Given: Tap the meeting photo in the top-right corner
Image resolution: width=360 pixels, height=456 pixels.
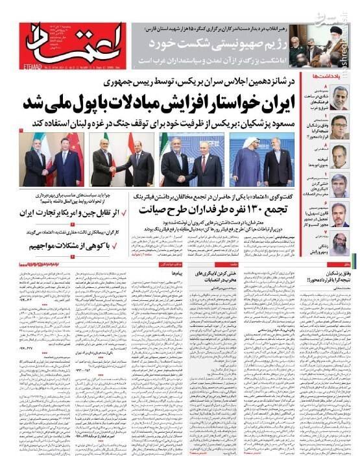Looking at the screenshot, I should (324, 45).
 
